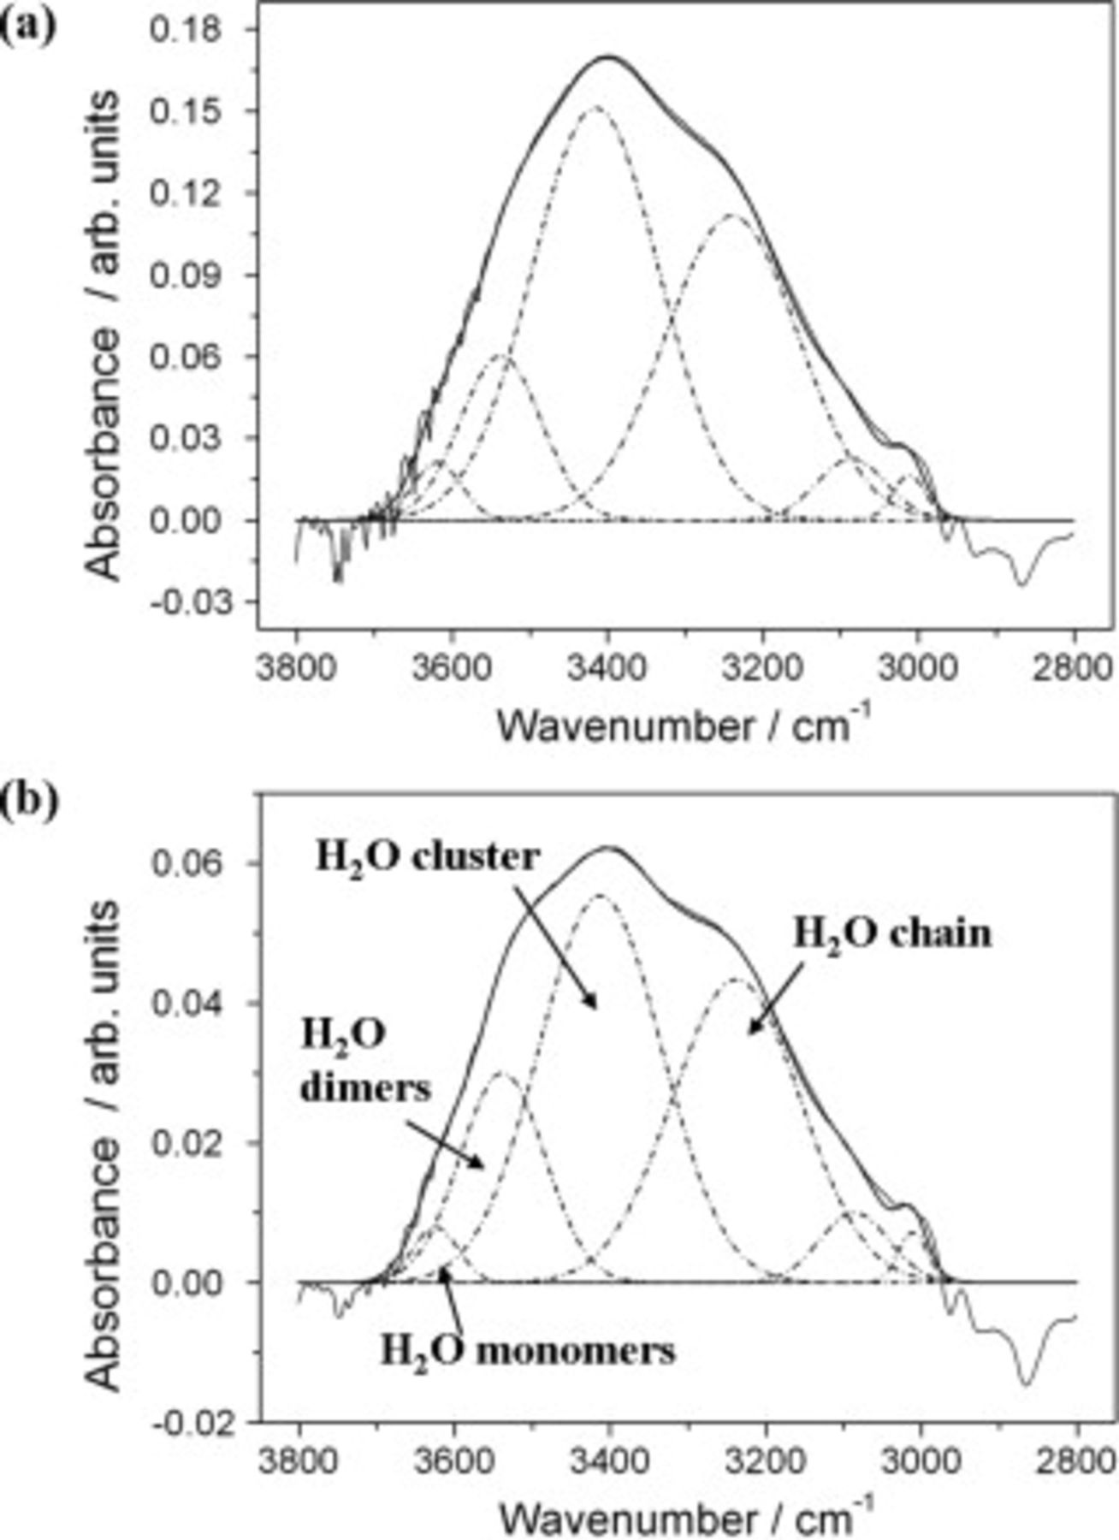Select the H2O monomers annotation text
click(x=528, y=1351)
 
